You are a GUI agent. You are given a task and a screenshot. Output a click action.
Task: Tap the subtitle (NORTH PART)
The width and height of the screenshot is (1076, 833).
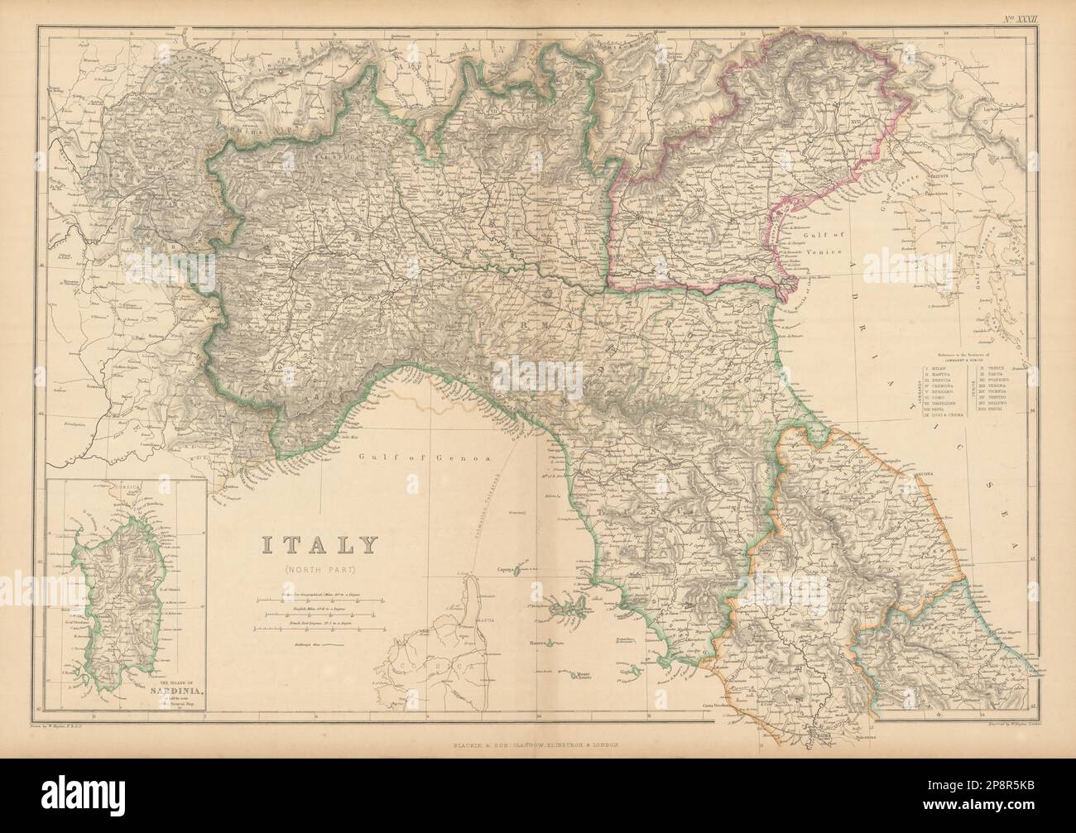(319, 569)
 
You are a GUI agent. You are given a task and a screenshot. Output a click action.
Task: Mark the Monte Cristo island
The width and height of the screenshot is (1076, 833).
(588, 676)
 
